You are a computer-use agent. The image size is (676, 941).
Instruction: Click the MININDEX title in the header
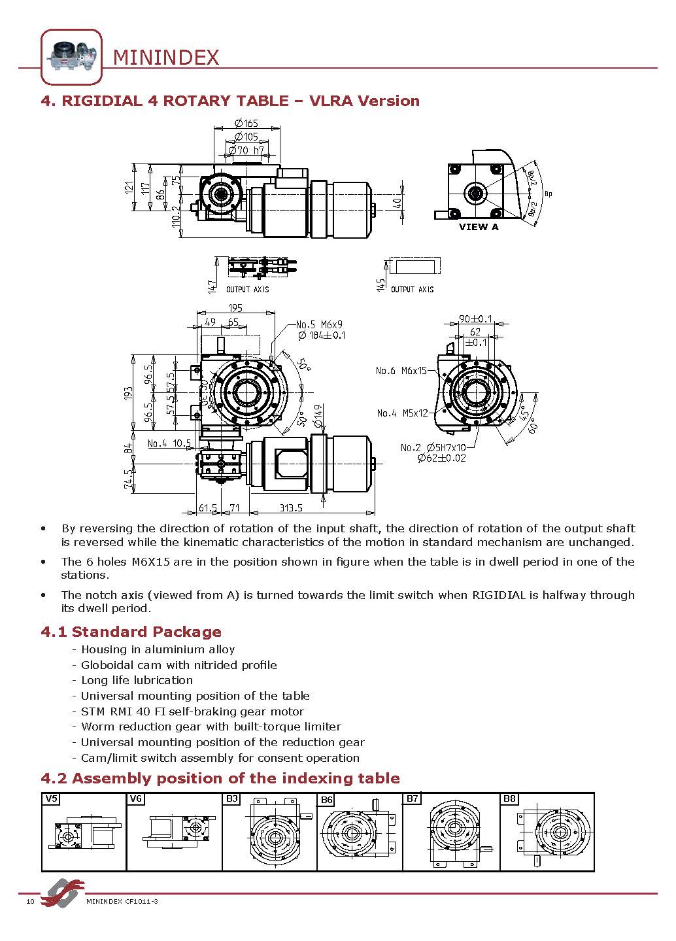tap(166, 58)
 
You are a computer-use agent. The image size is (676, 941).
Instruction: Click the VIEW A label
tap(478, 227)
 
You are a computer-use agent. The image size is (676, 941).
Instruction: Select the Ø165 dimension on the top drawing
tap(246, 123)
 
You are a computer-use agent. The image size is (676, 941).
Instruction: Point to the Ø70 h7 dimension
tap(246, 150)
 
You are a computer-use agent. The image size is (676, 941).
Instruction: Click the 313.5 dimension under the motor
tap(291, 508)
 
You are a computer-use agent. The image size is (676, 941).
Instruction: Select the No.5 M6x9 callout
tap(319, 324)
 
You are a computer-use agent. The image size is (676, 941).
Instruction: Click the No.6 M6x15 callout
tap(401, 371)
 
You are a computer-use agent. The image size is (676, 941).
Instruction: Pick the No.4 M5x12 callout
tap(402, 413)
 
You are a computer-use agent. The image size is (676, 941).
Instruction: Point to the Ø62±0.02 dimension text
tap(442, 458)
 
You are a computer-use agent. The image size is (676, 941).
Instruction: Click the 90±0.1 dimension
tap(475, 318)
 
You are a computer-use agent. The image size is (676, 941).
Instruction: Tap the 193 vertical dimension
tap(129, 393)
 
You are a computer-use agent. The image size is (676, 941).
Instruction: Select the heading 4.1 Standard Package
tap(131, 632)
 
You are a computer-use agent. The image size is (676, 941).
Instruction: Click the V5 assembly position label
tap(51, 798)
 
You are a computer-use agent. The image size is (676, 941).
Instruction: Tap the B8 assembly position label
tap(509, 798)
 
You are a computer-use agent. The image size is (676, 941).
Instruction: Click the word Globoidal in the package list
tap(105, 665)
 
